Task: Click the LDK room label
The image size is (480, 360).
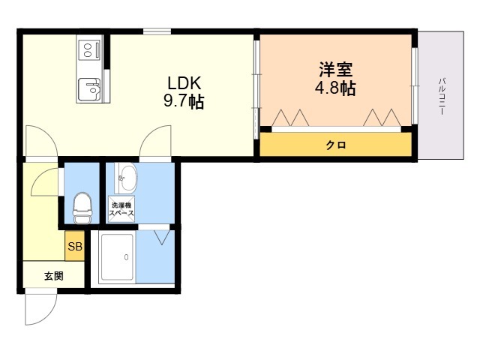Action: click(184, 82)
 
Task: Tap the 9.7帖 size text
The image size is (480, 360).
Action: click(184, 101)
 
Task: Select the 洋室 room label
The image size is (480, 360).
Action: click(336, 70)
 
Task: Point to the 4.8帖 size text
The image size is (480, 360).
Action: click(335, 88)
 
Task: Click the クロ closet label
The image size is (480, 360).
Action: click(336, 145)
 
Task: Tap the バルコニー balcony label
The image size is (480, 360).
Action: click(442, 97)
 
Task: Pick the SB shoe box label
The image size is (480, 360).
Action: click(75, 246)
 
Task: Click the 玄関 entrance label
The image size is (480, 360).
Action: click(54, 276)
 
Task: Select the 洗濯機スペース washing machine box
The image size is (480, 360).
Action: click(121, 209)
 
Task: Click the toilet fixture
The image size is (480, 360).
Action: click(82, 208)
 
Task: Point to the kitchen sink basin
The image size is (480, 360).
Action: click(89, 89)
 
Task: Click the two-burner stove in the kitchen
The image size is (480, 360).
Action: click(88, 50)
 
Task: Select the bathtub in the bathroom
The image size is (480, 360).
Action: click(117, 257)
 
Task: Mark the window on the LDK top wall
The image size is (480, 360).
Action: click(157, 31)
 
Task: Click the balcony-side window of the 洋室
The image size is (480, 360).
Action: click(415, 85)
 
